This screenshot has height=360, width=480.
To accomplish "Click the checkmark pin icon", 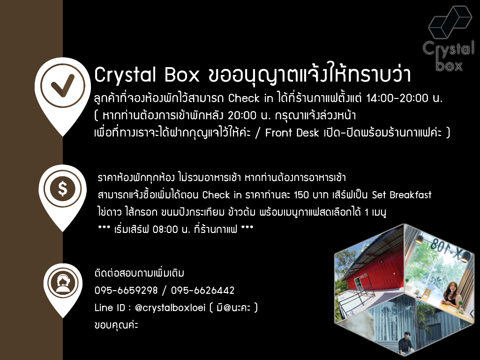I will pyautogui.click(x=62, y=86).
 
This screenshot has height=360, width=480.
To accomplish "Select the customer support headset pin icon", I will pyautogui.click(x=62, y=284).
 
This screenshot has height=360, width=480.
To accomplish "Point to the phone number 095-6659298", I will pyautogui.click(x=126, y=291).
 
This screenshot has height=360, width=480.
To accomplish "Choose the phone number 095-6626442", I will pyautogui.click(x=202, y=291).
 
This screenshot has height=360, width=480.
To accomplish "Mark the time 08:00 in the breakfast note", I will pyautogui.click(x=160, y=230).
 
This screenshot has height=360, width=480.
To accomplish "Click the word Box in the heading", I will pyautogui.click(x=182, y=75).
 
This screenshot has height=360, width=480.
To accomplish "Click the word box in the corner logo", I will pyautogui.click(x=449, y=65).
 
